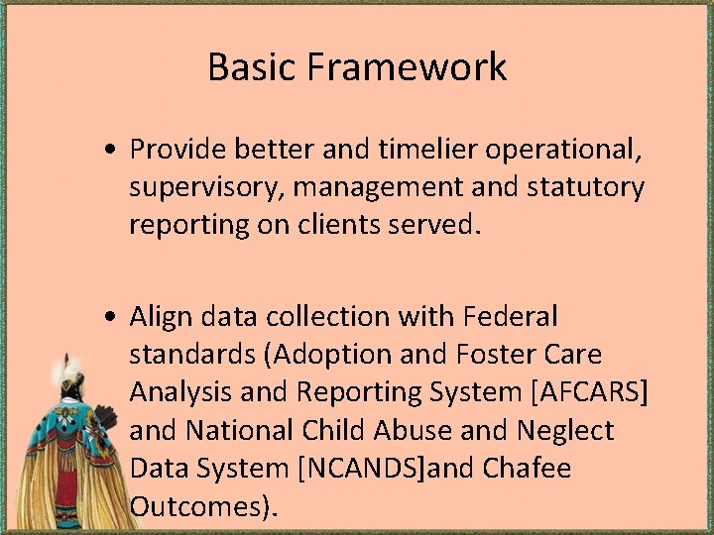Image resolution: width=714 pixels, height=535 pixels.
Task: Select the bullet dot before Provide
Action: [x=116, y=150]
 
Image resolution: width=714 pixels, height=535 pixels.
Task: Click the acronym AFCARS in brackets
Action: [x=591, y=392]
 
